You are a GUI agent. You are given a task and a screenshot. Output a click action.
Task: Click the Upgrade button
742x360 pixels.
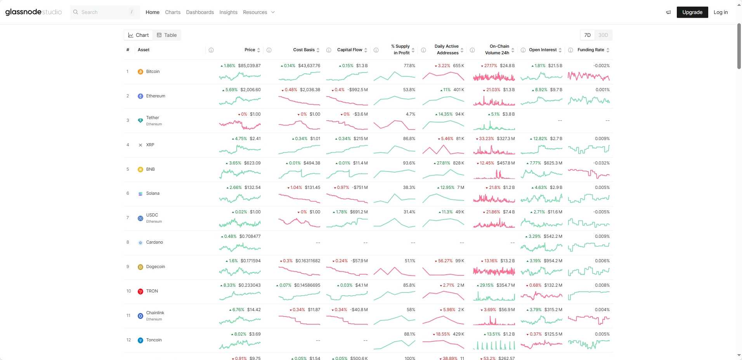[692, 12]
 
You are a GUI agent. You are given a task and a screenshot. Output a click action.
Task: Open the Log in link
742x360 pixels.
[720, 12]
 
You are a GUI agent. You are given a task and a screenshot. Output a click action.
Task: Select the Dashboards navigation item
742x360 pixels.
[200, 12]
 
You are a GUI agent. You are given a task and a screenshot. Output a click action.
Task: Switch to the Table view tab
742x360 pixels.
[167, 35]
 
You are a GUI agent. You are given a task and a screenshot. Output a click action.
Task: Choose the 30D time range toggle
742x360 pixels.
[603, 35]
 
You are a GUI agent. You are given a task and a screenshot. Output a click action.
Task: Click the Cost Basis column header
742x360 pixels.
[304, 50]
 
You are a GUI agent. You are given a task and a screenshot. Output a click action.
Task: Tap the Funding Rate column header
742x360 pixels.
[591, 50]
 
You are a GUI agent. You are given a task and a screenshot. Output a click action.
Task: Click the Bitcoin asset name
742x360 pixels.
[153, 71]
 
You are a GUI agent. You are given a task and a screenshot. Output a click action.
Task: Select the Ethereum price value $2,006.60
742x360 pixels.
[250, 90]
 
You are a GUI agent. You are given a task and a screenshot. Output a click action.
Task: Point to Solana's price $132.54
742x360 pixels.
[253, 187]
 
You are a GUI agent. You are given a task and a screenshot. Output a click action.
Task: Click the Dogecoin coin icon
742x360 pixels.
[140, 267]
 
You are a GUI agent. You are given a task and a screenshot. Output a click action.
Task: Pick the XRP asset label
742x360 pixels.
[150, 145]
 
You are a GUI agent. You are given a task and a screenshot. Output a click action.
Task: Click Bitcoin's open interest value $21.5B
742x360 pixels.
[555, 66]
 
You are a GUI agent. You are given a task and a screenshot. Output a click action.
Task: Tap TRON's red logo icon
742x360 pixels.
[140, 291]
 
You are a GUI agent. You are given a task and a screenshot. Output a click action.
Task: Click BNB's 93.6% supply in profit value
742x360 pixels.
[409, 163]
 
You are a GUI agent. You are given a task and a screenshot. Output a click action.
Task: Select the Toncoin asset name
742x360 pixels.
[154, 340]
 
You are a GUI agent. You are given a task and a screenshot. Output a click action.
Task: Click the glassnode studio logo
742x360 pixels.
[33, 12]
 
